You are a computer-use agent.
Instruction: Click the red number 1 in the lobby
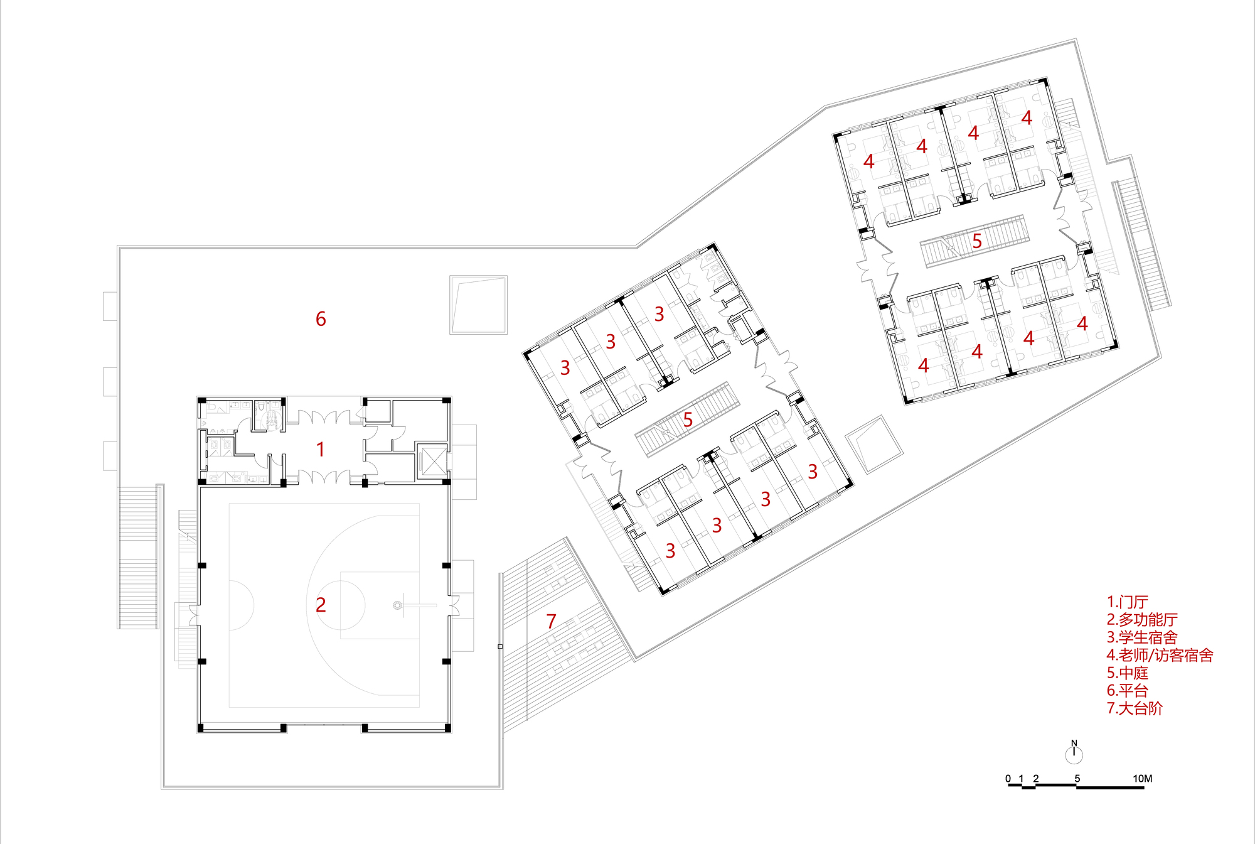321,450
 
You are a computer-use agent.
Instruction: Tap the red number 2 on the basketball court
321,605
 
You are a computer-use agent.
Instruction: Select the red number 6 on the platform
321,319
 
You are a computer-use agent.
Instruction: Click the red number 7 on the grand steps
551,622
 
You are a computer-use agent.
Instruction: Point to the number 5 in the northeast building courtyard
977,241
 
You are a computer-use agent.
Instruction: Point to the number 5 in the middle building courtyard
688,419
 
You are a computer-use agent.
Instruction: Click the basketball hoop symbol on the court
397,605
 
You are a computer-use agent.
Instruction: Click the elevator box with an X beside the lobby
432,462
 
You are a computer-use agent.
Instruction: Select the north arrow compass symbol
1074,752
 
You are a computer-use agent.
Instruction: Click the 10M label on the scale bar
1142,779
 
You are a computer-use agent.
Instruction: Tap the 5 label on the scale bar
1077,779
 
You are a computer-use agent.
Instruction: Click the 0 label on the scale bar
1008,779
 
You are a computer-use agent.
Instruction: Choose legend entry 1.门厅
1127,602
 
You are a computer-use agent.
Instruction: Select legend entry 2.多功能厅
1142,620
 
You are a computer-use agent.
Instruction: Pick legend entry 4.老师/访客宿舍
1160,655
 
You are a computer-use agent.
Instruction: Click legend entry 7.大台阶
1135,708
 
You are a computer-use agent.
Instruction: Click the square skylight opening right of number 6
478,305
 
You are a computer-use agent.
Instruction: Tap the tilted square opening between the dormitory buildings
873,444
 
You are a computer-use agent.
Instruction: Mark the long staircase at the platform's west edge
137,556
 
